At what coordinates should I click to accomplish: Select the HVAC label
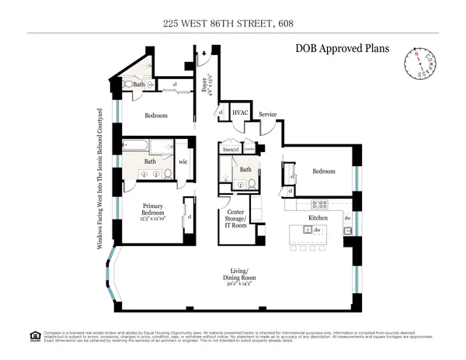[240, 113]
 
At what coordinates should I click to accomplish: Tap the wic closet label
[183, 161]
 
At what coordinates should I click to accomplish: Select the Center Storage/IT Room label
[236, 220]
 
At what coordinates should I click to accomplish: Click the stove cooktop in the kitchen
[318, 206]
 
